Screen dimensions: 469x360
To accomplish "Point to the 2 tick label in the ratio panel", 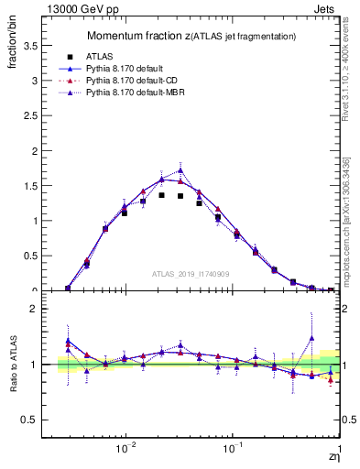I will pyautogui.click(x=37, y=310).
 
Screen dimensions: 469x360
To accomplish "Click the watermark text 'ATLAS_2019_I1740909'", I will pyautogui.click(x=191, y=274).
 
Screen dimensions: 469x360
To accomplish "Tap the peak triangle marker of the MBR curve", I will pyautogui.click(x=180, y=170).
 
